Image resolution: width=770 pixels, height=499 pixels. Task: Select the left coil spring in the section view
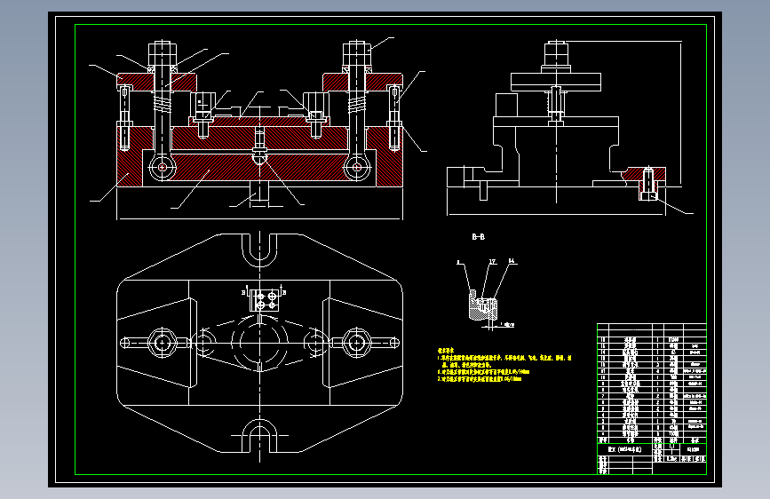[x=162, y=104]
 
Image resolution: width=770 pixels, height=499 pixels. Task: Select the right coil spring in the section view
[x=356, y=104]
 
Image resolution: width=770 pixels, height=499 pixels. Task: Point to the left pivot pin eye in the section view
[x=161, y=166]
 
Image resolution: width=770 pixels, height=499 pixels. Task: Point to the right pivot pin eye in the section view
[x=356, y=166]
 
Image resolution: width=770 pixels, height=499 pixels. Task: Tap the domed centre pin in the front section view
[x=259, y=154]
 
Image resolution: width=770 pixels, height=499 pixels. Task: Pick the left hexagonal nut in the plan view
[x=163, y=342]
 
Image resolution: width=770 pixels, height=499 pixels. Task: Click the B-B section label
[x=477, y=237]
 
